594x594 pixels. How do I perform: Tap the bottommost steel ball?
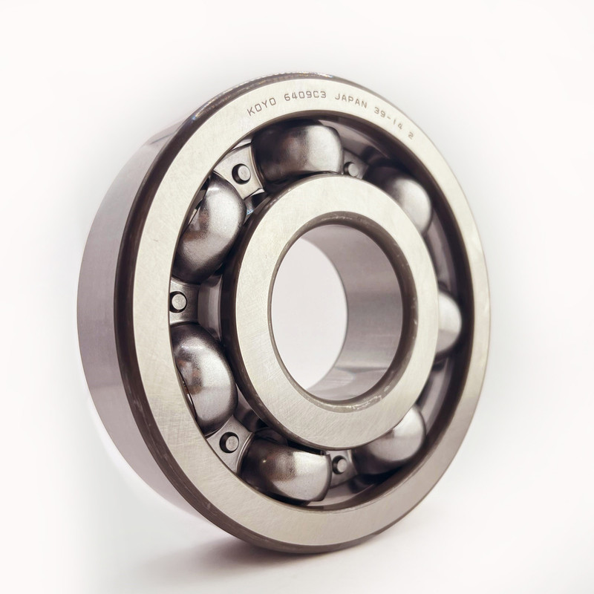[286, 469]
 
